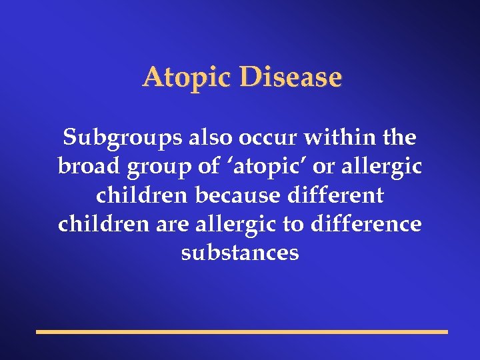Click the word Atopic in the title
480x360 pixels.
pos(183,78)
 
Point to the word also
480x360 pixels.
pos(207,137)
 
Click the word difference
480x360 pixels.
pos(365,224)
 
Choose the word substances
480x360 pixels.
pos(240,253)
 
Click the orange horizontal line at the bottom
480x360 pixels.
pos(242,331)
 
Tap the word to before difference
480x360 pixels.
pos(293,225)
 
